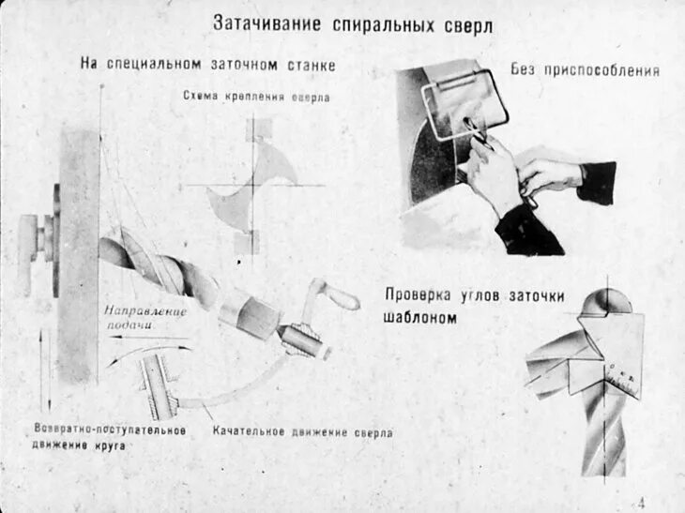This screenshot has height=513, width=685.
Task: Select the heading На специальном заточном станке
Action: click(x=207, y=65)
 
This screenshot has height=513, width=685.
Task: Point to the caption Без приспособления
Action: click(x=585, y=69)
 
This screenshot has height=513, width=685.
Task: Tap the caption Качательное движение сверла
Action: click(x=302, y=432)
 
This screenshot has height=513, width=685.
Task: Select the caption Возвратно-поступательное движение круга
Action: click(x=110, y=437)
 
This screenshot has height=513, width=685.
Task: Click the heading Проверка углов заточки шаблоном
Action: click(x=474, y=306)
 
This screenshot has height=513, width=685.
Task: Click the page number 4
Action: click(x=641, y=500)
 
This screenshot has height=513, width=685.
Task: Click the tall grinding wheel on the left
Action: click(x=79, y=253)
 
